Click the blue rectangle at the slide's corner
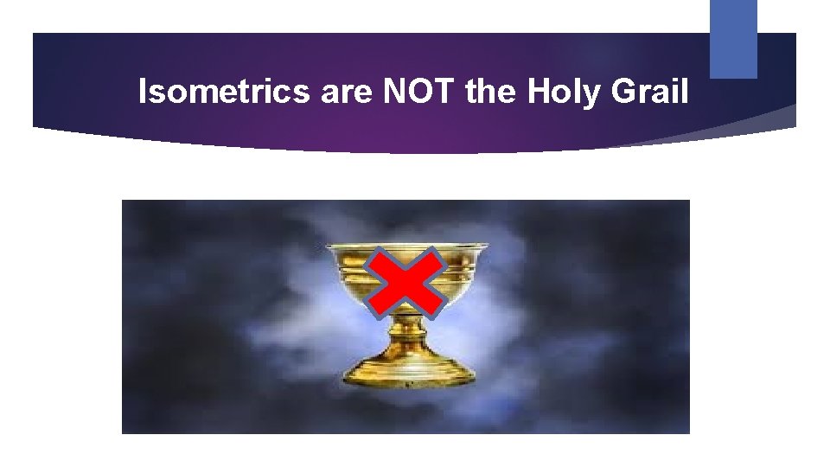(733, 38)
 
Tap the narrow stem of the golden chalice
(408, 333)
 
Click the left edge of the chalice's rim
(329, 247)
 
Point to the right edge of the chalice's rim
(486, 247)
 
